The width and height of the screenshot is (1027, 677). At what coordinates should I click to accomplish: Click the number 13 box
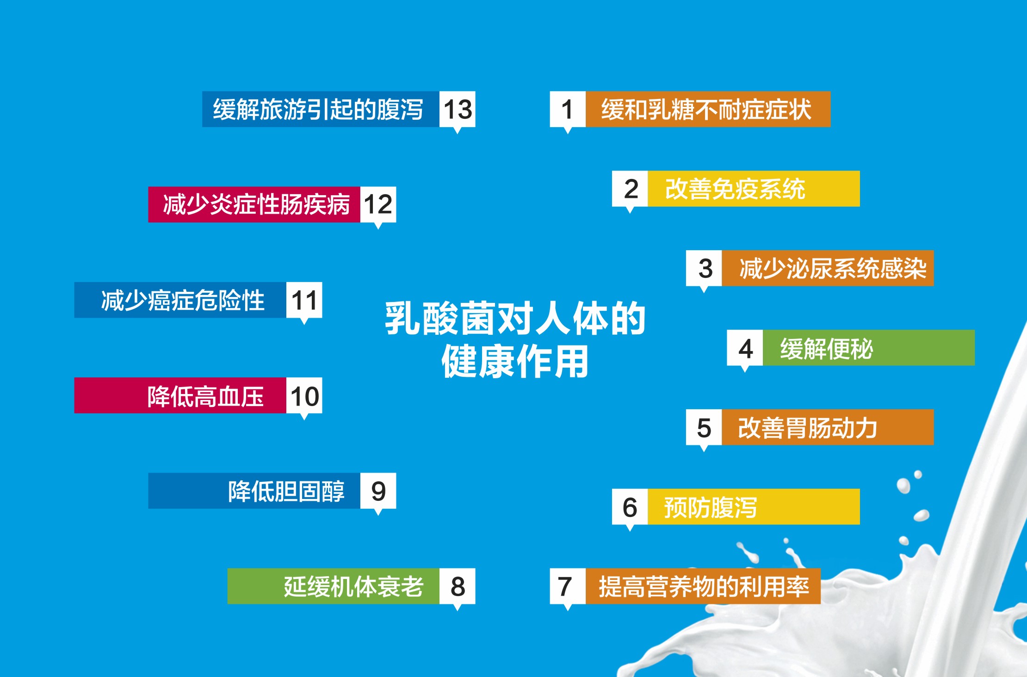coord(457,109)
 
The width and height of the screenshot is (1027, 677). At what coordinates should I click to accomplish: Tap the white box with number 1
coord(568,109)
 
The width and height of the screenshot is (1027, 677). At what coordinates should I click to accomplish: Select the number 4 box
coord(745,348)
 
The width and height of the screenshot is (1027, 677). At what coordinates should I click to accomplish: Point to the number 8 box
coord(457,586)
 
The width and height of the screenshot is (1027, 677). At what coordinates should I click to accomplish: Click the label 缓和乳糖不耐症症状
coord(708,109)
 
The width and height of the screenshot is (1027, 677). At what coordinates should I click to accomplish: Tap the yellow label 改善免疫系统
coord(754,189)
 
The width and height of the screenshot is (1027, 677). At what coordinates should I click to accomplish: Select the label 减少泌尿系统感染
coord(828,268)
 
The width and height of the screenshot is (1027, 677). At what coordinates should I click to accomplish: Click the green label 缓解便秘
coord(869,348)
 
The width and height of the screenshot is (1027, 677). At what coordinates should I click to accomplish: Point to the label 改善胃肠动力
coord(828,427)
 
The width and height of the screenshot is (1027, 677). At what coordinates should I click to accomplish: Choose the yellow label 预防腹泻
coord(754,507)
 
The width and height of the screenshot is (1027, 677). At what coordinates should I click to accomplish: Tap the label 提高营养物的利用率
coord(703,586)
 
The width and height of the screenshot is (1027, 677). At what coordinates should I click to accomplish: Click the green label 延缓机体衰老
coord(334,586)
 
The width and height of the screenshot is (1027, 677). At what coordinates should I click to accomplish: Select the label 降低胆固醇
coord(254,491)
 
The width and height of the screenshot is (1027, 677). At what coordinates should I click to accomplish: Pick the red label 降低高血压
coord(180,395)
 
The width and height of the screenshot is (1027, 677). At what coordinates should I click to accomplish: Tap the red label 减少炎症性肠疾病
coord(254,204)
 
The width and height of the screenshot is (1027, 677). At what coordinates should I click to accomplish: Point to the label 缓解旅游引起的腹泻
coord(321,109)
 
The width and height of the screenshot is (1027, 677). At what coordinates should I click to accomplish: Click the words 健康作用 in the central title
coord(515,361)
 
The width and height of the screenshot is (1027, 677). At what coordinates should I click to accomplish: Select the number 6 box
coord(630,507)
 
